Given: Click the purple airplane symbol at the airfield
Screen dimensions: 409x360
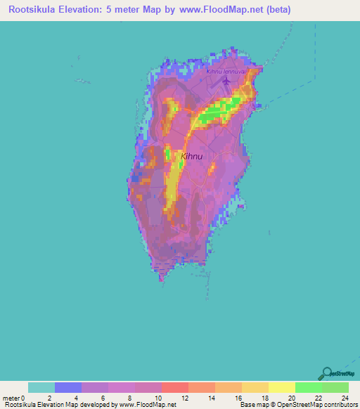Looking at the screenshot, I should (x=226, y=82).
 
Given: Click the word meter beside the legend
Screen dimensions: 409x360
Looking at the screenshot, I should (x=11, y=398).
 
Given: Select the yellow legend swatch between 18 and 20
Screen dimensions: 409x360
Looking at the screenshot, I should (x=281, y=387).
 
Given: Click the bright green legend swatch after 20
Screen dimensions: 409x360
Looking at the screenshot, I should (x=308, y=387).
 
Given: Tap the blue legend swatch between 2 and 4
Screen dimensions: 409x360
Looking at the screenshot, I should (x=68, y=387).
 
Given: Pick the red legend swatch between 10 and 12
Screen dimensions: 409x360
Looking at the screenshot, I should (x=175, y=387).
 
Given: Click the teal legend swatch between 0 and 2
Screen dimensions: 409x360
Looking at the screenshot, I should (x=41, y=387).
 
